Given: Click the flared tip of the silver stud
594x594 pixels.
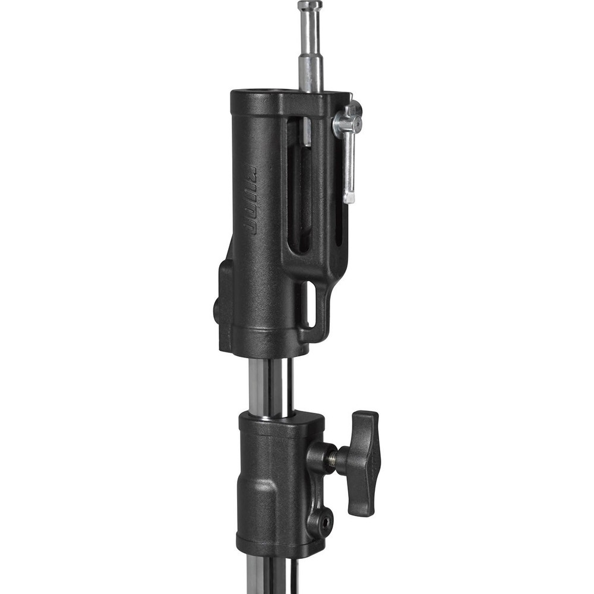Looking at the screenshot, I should click(310, 7).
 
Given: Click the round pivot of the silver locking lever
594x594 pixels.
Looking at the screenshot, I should click(347, 122).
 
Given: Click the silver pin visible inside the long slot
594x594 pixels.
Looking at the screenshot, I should click(305, 132).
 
